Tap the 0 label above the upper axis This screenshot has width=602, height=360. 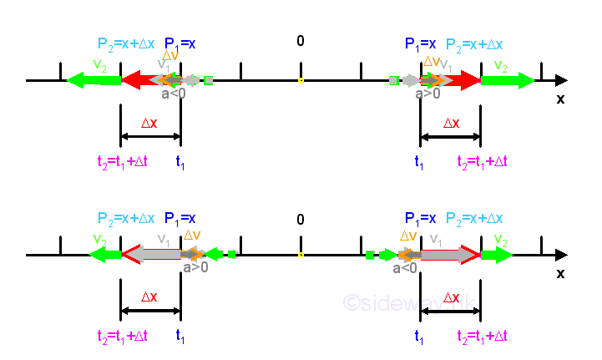[301, 41]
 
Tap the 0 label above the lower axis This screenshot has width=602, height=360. [301, 220]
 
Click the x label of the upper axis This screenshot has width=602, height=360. [560, 99]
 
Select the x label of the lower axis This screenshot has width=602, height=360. [560, 273]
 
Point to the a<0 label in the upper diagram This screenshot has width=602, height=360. [174, 94]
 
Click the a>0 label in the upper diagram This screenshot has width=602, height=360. [427, 94]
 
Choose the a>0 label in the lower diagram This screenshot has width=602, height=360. [196, 267]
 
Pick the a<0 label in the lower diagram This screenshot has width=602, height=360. [405, 267]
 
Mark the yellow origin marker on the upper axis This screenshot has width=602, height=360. [301, 81]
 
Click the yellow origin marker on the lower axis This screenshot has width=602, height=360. [301, 255]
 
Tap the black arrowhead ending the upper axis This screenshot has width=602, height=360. [561, 80]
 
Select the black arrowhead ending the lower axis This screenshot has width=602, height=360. [561, 255]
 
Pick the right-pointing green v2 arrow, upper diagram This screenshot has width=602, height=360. [508, 80]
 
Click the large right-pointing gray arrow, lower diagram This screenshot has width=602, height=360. [447, 255]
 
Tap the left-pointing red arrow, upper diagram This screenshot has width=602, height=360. [138, 80]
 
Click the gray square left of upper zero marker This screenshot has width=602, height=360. [209, 81]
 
